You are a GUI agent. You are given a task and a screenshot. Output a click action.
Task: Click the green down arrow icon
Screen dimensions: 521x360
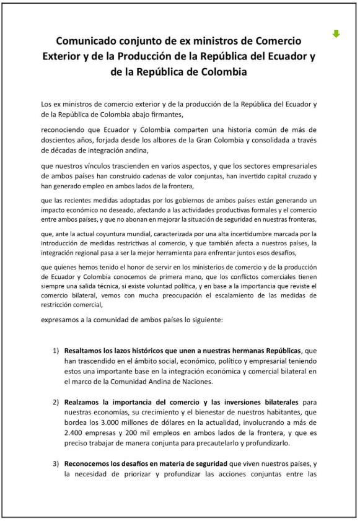(x=336, y=33)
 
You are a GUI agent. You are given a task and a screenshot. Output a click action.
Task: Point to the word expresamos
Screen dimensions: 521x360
(x=61, y=320)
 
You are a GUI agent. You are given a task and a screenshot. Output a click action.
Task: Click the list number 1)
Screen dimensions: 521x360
(x=56, y=351)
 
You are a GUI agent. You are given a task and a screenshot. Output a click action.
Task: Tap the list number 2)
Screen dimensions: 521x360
(x=56, y=402)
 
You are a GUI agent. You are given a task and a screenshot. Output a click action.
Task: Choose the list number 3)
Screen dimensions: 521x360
(x=56, y=464)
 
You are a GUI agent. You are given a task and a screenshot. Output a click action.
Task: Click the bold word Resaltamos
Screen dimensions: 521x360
(x=87, y=351)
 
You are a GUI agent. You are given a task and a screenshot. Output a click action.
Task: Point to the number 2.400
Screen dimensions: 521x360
(x=77, y=434)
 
